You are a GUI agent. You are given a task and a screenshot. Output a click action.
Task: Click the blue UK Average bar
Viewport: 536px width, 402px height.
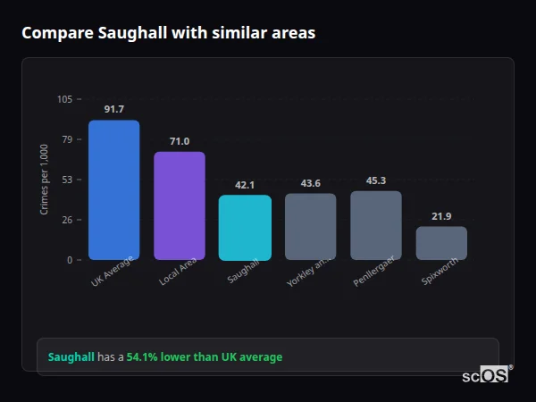(113, 190)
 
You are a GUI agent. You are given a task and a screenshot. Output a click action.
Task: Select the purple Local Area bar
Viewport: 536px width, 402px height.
(180, 205)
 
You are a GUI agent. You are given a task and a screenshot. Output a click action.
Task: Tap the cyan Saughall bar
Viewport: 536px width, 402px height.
(245, 228)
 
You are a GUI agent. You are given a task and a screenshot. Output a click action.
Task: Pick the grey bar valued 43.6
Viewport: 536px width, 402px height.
(311, 227)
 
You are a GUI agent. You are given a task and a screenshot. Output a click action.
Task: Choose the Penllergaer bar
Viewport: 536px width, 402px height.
(376, 225)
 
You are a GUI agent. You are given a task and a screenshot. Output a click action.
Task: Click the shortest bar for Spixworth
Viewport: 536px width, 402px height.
(441, 243)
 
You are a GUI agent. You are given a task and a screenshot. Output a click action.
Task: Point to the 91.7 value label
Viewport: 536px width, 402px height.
(113, 109)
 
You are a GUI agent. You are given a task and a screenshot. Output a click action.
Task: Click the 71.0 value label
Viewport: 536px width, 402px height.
(180, 141)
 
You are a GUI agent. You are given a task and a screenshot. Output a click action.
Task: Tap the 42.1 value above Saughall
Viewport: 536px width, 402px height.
(245, 185)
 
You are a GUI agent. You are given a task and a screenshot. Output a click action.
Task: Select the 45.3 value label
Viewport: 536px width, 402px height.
(376, 180)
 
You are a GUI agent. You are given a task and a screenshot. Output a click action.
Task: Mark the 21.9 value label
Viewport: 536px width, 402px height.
(441, 216)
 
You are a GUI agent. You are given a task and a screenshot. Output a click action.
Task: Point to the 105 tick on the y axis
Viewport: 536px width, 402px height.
(64, 99)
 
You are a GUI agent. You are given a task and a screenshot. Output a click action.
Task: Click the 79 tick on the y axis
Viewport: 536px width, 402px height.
(67, 139)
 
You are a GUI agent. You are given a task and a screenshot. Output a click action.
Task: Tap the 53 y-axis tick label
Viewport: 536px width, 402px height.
(67, 180)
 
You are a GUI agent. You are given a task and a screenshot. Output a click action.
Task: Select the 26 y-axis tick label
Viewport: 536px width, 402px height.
(67, 220)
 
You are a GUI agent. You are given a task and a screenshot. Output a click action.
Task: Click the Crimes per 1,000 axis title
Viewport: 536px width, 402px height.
(44, 180)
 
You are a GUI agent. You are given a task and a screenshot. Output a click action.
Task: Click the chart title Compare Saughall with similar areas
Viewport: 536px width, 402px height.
(168, 33)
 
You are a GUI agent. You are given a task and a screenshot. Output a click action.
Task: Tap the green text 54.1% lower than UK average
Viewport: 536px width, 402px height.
(204, 357)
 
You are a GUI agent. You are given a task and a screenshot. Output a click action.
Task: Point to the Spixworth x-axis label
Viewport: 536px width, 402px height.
(442, 275)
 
